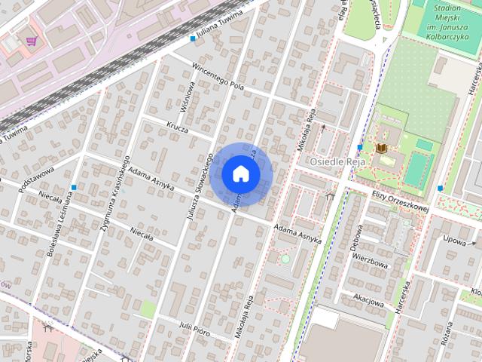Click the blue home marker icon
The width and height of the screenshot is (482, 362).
[240, 173]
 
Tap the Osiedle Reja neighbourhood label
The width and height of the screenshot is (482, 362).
[337, 161]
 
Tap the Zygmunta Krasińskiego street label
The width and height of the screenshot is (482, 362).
[116, 193]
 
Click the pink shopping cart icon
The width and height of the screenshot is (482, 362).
[32, 41]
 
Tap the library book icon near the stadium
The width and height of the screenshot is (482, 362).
[381, 148]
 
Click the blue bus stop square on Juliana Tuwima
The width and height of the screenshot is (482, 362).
[193, 38]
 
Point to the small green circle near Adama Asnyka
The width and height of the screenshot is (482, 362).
[285, 259]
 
